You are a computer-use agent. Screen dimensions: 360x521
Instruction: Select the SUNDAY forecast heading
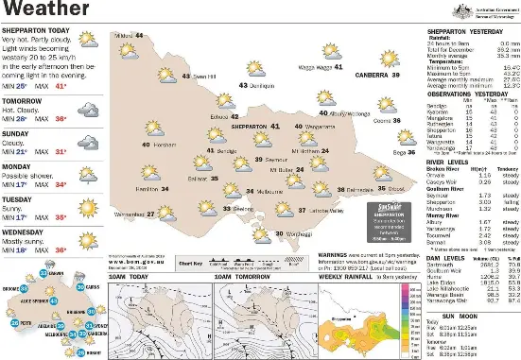tap(18, 134)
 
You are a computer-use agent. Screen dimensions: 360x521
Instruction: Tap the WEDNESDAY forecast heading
tap(25, 229)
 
